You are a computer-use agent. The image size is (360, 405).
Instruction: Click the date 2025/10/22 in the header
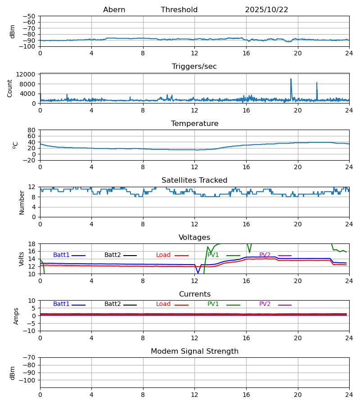(266, 10)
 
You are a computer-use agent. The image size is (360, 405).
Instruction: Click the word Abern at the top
(114, 10)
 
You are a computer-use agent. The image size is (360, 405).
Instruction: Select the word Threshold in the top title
(179, 10)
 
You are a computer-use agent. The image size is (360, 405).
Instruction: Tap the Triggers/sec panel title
(194, 67)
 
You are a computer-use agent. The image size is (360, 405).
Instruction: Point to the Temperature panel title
(194, 124)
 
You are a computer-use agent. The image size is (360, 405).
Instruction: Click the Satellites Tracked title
(194, 180)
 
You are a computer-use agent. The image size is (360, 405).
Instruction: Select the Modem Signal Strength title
(194, 351)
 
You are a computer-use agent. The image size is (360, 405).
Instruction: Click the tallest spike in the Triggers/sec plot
(291, 79)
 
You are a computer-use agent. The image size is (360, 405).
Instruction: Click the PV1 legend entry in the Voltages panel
(213, 255)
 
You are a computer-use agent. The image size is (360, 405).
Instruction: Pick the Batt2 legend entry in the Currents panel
(112, 304)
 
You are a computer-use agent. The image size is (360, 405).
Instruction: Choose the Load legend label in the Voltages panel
(163, 255)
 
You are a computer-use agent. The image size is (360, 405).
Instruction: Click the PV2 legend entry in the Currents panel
(265, 304)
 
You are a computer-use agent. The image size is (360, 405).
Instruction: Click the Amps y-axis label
(16, 316)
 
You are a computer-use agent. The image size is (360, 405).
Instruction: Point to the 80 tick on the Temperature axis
(31, 130)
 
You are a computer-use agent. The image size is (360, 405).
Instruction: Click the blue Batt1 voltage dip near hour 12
(198, 273)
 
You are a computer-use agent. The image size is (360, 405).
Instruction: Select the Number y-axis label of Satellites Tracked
(22, 202)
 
